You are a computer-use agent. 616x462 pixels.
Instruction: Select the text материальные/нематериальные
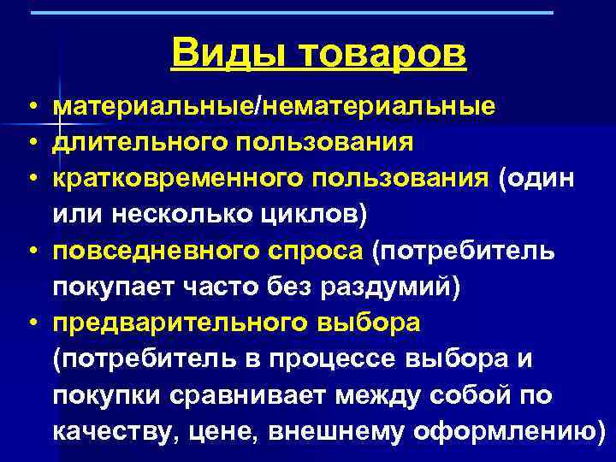(x=273, y=107)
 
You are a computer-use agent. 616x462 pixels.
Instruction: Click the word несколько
(x=181, y=213)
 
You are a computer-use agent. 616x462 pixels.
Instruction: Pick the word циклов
(x=313, y=213)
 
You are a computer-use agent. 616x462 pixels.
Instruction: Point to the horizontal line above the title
(x=291, y=13)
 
